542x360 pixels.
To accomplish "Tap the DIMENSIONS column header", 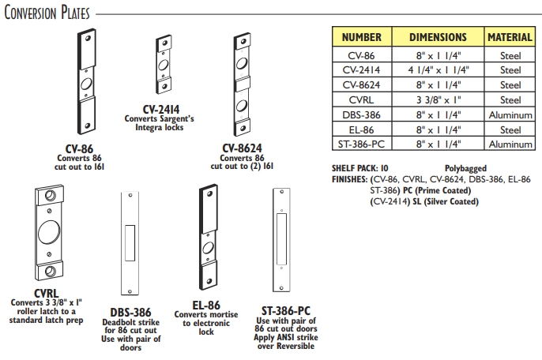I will [438, 37].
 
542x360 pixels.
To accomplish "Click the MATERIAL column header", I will [509, 37].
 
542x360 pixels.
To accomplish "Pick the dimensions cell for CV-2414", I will [438, 70].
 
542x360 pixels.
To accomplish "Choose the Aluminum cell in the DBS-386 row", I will [509, 114].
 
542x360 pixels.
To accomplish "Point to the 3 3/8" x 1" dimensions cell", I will [438, 99].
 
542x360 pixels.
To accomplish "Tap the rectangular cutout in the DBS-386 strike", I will [131, 238].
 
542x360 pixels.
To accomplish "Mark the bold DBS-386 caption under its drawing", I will [131, 313].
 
